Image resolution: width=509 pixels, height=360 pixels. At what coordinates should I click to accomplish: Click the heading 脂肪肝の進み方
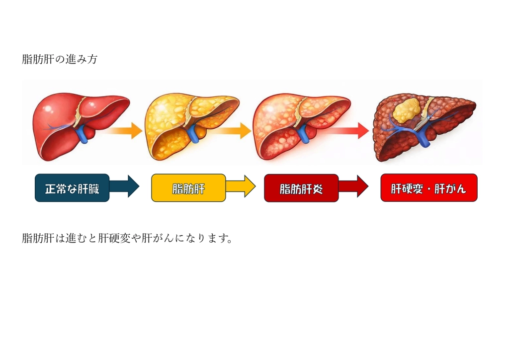coord(60,60)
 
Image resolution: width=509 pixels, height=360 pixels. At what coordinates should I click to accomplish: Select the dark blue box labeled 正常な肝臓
coord(72,188)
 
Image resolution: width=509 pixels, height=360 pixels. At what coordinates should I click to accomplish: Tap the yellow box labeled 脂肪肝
coord(188,188)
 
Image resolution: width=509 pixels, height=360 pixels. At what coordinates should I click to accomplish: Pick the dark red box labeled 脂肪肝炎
coord(301,188)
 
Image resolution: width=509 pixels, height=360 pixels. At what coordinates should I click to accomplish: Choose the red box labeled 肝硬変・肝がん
coord(428,188)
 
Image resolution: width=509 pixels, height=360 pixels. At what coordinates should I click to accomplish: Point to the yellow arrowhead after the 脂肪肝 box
coord(249,186)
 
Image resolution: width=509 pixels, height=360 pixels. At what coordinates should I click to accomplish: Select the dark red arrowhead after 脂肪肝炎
coord(362,186)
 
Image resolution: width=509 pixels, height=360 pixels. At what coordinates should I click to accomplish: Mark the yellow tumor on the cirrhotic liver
coord(407,110)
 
